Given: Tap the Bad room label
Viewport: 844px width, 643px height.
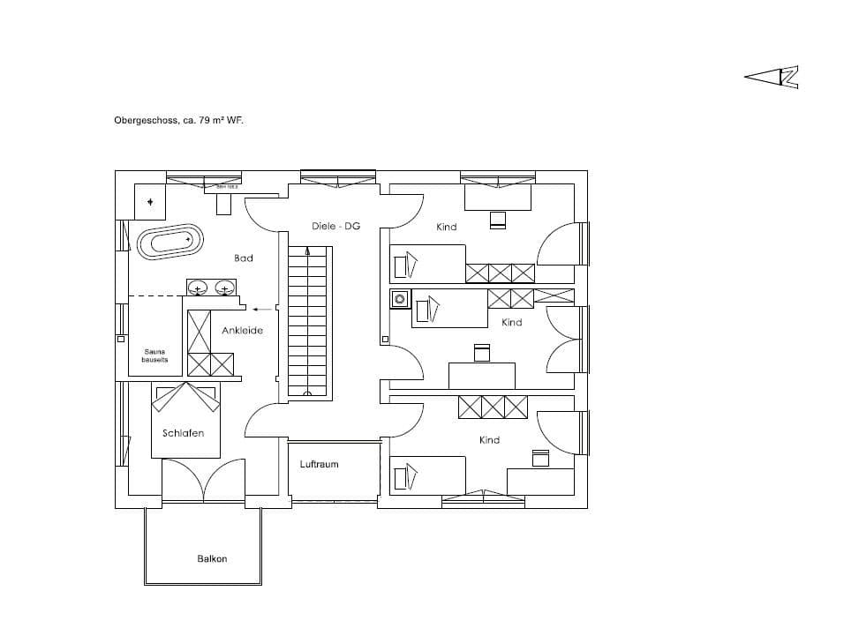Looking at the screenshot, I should coord(244,258).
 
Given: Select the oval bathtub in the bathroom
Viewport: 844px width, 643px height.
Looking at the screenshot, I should coord(170,241).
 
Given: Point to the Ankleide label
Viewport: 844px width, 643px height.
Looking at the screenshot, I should coord(242,331).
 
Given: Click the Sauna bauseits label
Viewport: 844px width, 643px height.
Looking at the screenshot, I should coord(154,355).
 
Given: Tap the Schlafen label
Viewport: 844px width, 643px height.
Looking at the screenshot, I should coord(184,433).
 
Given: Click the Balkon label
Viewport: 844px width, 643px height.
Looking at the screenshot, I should coord(212,558).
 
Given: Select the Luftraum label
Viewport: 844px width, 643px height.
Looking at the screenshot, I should coord(319,464).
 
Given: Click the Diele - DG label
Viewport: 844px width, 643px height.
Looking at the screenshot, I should coord(335,227).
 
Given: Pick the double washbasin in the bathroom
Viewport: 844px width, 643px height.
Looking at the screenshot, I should coord(212,288).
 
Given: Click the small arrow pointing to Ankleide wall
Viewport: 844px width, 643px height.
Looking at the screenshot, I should coord(261,310).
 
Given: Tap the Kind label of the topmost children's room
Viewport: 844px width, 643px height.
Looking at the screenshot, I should coord(447,227).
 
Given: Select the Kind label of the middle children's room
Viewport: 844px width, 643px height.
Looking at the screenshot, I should coord(512,323).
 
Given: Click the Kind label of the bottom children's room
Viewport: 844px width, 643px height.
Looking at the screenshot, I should coord(489,440).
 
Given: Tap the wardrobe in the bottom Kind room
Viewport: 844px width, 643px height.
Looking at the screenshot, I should coord(493,407).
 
